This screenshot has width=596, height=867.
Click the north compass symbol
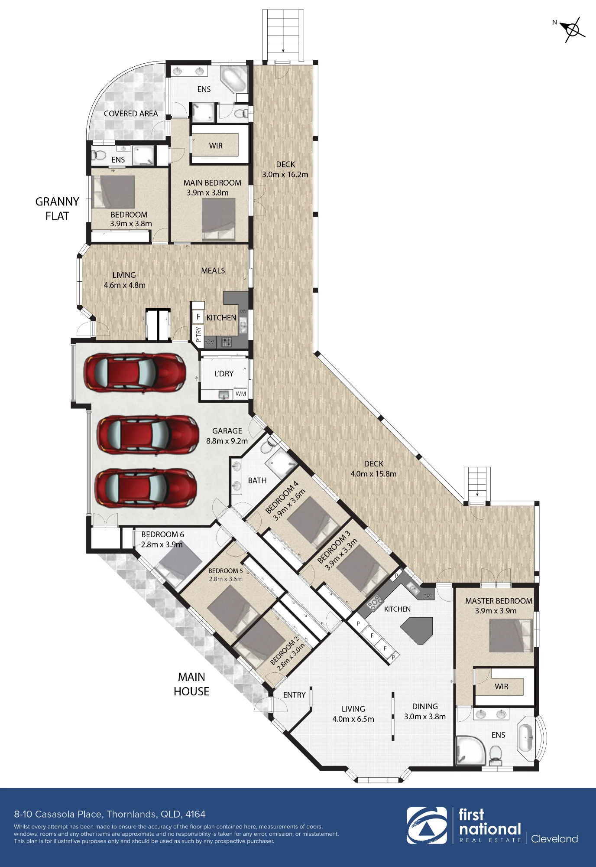tap(572, 29)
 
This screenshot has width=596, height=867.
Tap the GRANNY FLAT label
tap(57, 209)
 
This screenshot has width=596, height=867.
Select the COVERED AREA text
tap(131, 114)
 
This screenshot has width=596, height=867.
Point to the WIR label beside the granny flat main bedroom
tap(216, 146)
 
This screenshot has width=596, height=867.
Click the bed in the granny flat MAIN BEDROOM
tap(219, 219)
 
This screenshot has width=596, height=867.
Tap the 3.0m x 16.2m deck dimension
tap(285, 175)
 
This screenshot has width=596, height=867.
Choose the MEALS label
tap(213, 271)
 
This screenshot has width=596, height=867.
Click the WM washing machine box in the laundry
tap(240, 394)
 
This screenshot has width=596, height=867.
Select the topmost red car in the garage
tap(135, 373)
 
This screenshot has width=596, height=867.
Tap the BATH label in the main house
tap(257, 480)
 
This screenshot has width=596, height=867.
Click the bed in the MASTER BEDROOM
tap(511, 636)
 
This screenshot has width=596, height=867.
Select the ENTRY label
tap(294, 695)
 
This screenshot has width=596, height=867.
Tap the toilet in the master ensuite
tap(496, 754)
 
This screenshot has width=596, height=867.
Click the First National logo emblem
tap(427, 825)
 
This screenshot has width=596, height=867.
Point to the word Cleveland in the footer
tap(554, 839)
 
